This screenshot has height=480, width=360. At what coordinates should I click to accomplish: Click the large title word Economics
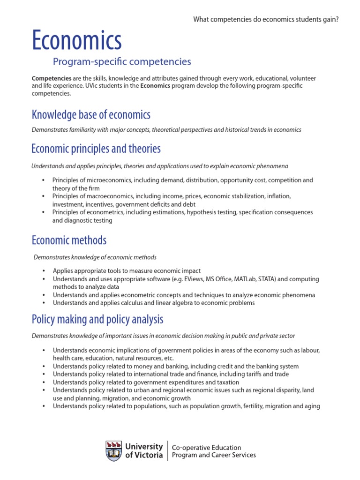76,40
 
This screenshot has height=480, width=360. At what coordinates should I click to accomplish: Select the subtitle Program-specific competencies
122,61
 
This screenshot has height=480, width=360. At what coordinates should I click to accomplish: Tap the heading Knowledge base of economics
91,114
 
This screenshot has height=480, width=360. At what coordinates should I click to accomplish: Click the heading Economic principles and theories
96,149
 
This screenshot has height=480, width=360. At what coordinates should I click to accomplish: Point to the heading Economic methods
69,240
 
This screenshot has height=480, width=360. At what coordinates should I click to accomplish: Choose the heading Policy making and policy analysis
97,319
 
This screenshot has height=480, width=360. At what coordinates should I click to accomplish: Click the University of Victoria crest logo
114,450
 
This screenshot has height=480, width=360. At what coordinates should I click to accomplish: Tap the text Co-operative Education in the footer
207,447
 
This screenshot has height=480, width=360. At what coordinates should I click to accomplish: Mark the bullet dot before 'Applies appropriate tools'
43,271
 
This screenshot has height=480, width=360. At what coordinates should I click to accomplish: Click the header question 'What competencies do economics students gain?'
266,19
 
